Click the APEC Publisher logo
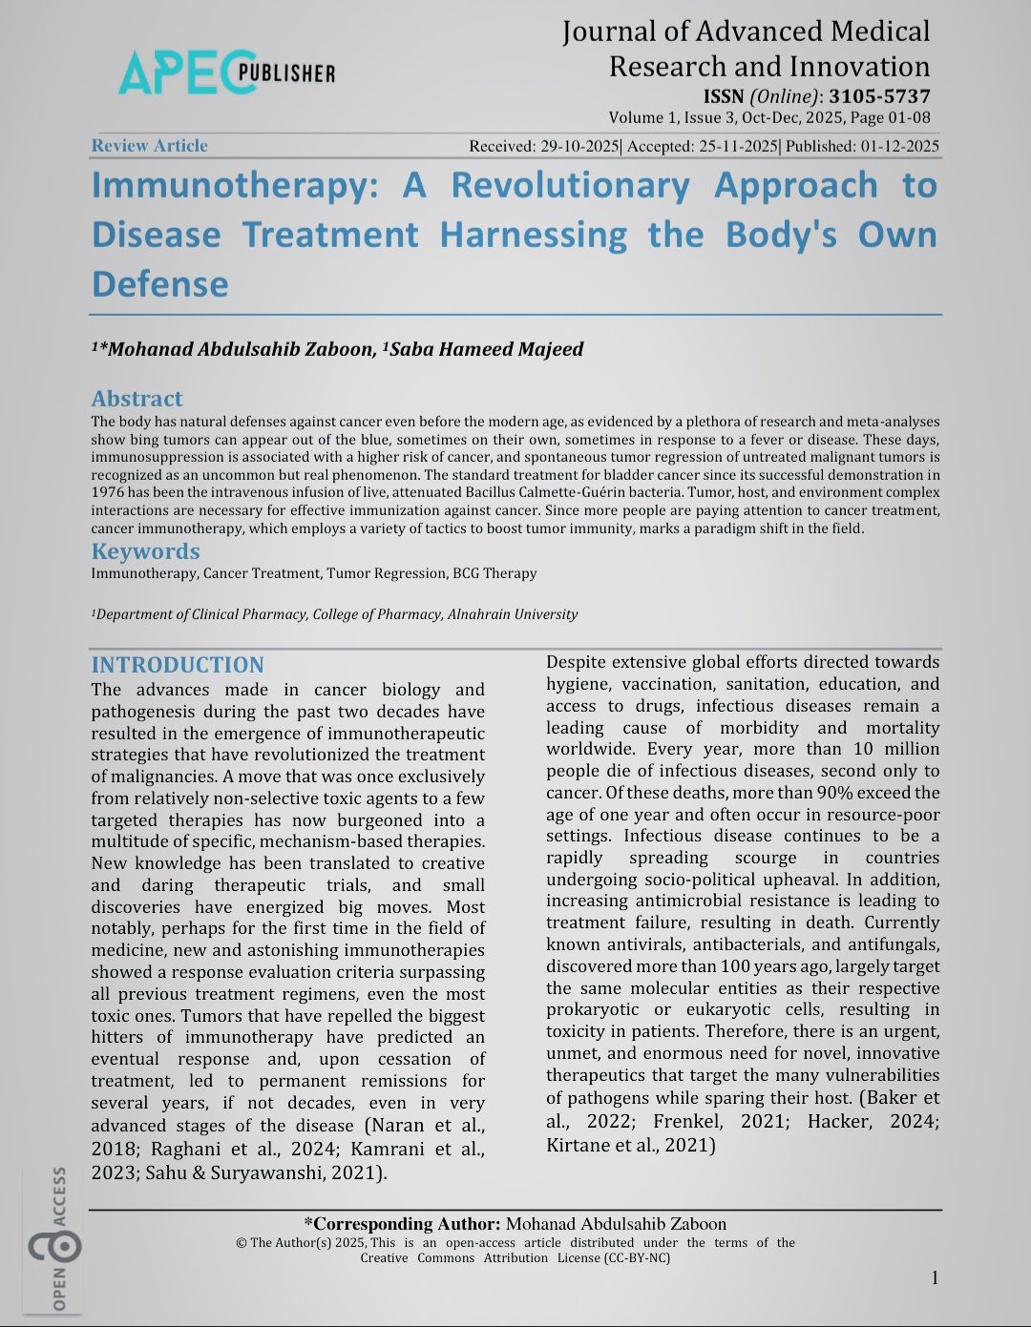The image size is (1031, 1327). point(226,73)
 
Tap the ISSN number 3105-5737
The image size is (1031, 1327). point(879,96)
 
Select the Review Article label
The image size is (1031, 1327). point(149,146)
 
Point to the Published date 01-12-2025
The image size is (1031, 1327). point(900,147)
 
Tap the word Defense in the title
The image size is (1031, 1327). point(160,284)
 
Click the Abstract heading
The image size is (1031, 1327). point(137,399)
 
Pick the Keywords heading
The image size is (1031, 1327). point(145,551)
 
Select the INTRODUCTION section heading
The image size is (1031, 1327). point(178,665)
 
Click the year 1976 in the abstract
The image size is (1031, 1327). point(108,492)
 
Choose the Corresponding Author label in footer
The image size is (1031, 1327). point(402,1224)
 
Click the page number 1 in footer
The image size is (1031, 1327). point(936,1277)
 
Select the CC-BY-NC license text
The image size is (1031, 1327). point(637,1257)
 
